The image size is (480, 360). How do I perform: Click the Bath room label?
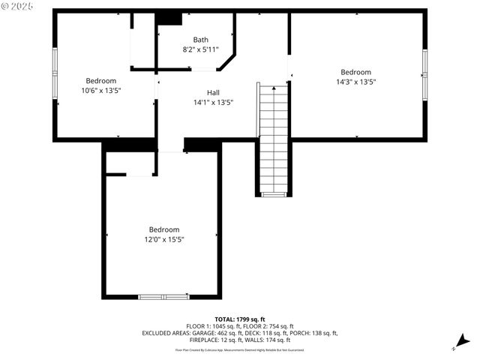click(x=201, y=40)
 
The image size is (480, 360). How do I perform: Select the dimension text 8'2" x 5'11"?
click(x=201, y=49)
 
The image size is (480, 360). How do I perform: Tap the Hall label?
click(x=213, y=92)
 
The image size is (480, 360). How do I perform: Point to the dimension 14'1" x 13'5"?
click(x=213, y=102)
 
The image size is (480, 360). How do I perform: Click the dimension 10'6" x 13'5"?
click(x=100, y=90)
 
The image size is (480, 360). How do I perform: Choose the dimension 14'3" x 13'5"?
click(x=355, y=82)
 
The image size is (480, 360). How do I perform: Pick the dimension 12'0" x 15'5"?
click(x=163, y=239)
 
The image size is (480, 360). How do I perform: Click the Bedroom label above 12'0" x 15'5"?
click(x=163, y=229)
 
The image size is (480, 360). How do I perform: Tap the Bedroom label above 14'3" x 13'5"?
click(x=355, y=72)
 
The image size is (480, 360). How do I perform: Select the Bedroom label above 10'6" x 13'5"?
click(x=100, y=80)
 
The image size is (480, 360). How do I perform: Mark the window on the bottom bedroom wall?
click(x=163, y=296)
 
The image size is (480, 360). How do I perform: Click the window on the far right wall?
click(x=424, y=73)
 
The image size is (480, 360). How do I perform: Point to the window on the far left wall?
click(x=54, y=73)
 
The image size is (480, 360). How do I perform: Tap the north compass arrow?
click(x=454, y=347)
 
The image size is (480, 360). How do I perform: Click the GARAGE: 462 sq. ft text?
click(x=203, y=333)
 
